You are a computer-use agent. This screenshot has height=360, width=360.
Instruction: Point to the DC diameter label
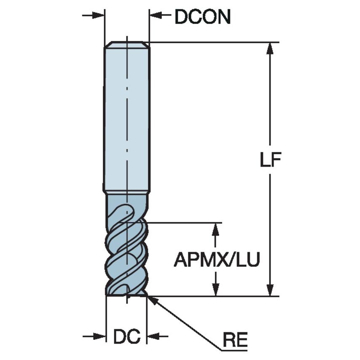(x=126, y=336)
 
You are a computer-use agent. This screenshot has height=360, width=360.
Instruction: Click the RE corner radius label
(x=235, y=339)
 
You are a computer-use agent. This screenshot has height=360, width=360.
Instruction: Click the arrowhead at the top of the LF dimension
(x=270, y=48)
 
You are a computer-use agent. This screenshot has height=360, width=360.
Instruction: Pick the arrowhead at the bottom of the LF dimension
(x=270, y=290)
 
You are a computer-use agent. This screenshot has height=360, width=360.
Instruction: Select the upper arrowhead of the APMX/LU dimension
(x=216, y=228)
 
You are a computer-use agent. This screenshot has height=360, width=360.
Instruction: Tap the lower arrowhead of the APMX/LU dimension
(x=216, y=290)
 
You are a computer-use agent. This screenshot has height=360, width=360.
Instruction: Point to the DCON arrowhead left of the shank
(x=99, y=16)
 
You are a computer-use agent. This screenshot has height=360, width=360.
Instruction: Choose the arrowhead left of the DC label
(x=100, y=336)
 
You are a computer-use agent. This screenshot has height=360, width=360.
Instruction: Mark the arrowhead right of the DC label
(x=152, y=336)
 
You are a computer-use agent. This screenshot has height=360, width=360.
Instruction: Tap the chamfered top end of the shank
(x=126, y=44)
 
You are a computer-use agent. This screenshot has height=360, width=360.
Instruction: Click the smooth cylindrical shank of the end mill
(x=126, y=118)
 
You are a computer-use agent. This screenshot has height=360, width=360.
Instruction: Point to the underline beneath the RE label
(x=234, y=349)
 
